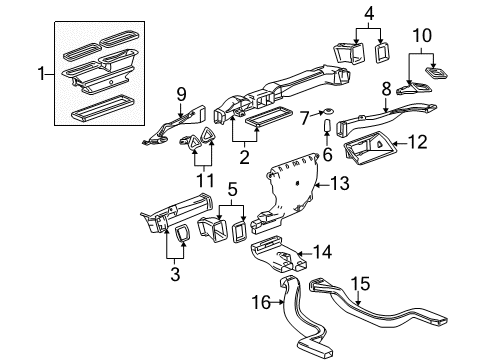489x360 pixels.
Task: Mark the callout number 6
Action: [x=325, y=156]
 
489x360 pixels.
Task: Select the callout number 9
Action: [x=182, y=94]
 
